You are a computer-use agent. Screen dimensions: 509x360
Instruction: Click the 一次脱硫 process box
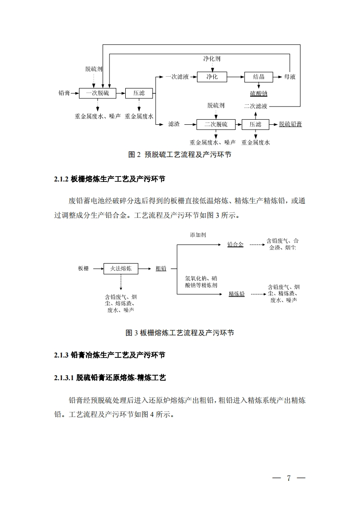[98, 93]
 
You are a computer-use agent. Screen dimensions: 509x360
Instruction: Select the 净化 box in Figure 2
[212, 77]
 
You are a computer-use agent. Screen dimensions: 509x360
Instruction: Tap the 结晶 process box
[259, 77]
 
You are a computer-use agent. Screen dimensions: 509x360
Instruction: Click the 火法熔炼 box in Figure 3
[121, 269]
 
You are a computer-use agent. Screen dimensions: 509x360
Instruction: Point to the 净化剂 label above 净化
[212, 59]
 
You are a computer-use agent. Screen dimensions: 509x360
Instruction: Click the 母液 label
[290, 77]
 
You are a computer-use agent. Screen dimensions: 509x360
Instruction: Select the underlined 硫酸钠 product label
[259, 93]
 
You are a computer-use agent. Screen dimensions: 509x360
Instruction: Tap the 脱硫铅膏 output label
[291, 124]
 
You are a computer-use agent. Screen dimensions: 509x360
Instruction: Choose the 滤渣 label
[174, 124]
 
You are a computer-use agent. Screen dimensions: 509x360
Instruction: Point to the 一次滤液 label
[177, 77]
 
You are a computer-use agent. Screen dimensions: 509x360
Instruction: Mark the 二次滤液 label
[255, 106]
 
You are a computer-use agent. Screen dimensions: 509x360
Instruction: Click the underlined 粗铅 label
[161, 269]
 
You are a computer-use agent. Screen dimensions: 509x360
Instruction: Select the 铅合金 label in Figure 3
[235, 244]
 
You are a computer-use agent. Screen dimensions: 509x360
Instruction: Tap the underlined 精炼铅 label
[237, 294]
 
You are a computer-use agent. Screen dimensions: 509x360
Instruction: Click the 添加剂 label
[198, 235]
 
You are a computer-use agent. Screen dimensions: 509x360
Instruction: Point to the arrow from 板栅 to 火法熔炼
[96, 269]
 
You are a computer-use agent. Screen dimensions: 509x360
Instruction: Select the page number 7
[288, 478]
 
